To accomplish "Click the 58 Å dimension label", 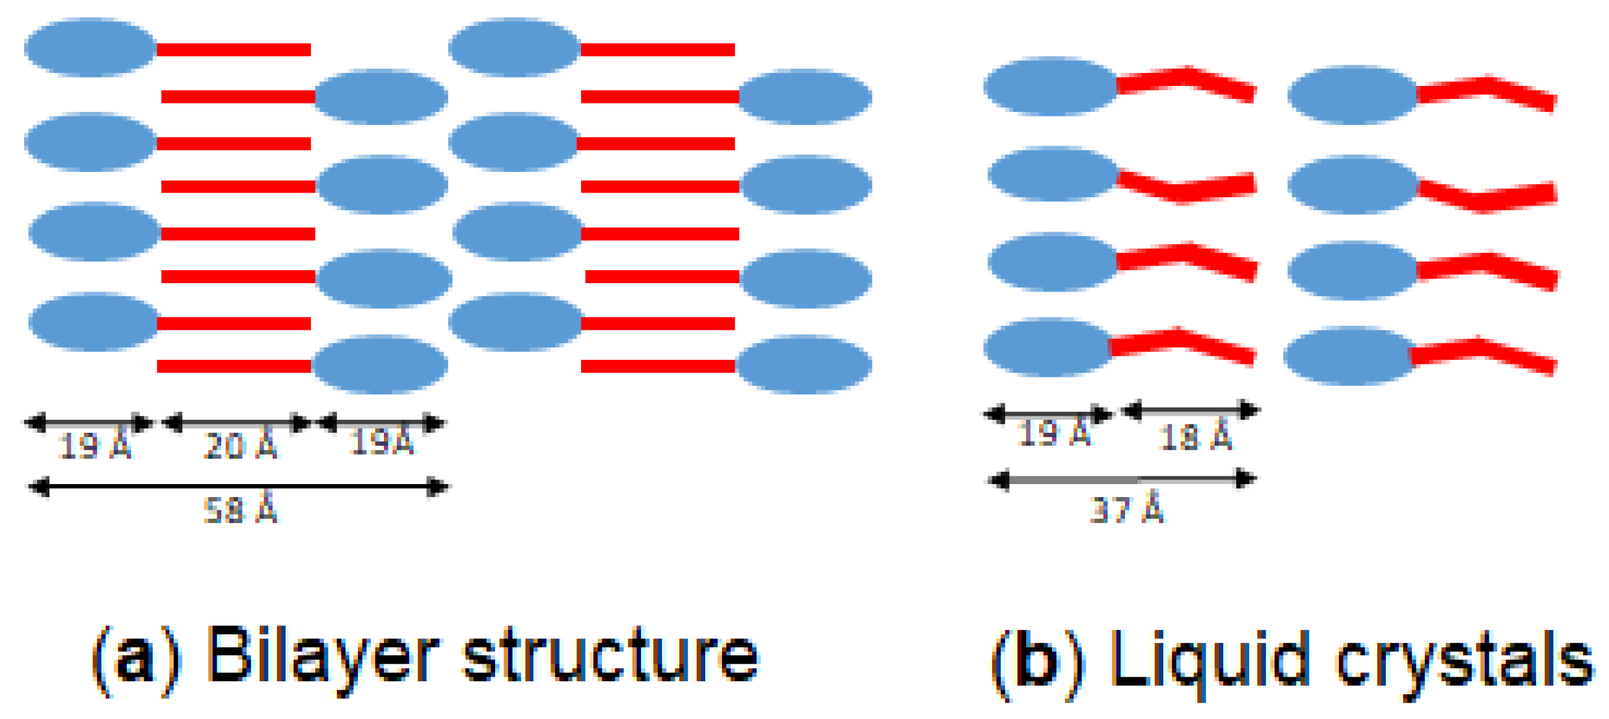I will [241, 511].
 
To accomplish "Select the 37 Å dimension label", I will [1126, 509].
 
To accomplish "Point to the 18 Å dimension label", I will [1195, 437].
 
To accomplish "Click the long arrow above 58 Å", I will [238, 487].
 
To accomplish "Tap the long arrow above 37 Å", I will [1122, 480].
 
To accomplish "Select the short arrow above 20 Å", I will [236, 424].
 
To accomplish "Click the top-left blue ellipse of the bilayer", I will [90, 47].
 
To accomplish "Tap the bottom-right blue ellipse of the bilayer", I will [804, 364].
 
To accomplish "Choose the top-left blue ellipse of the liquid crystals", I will [1050, 87].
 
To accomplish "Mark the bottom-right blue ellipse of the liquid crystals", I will [1349, 357].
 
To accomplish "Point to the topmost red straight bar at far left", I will [234, 49].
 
